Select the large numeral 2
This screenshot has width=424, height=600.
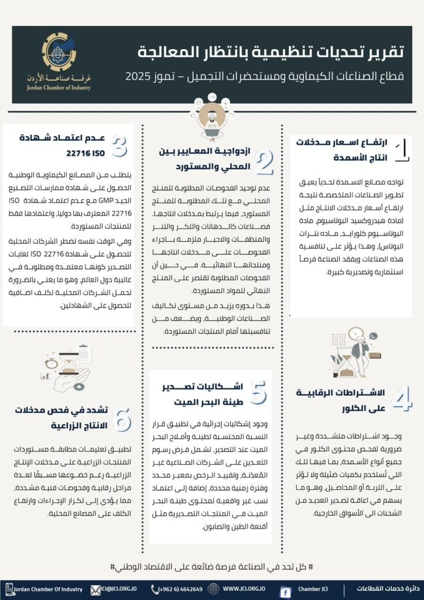point(265,163)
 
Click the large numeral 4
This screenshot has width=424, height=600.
point(402,400)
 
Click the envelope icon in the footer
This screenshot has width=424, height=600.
point(94,588)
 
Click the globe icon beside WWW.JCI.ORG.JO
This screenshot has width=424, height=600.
point(215,588)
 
